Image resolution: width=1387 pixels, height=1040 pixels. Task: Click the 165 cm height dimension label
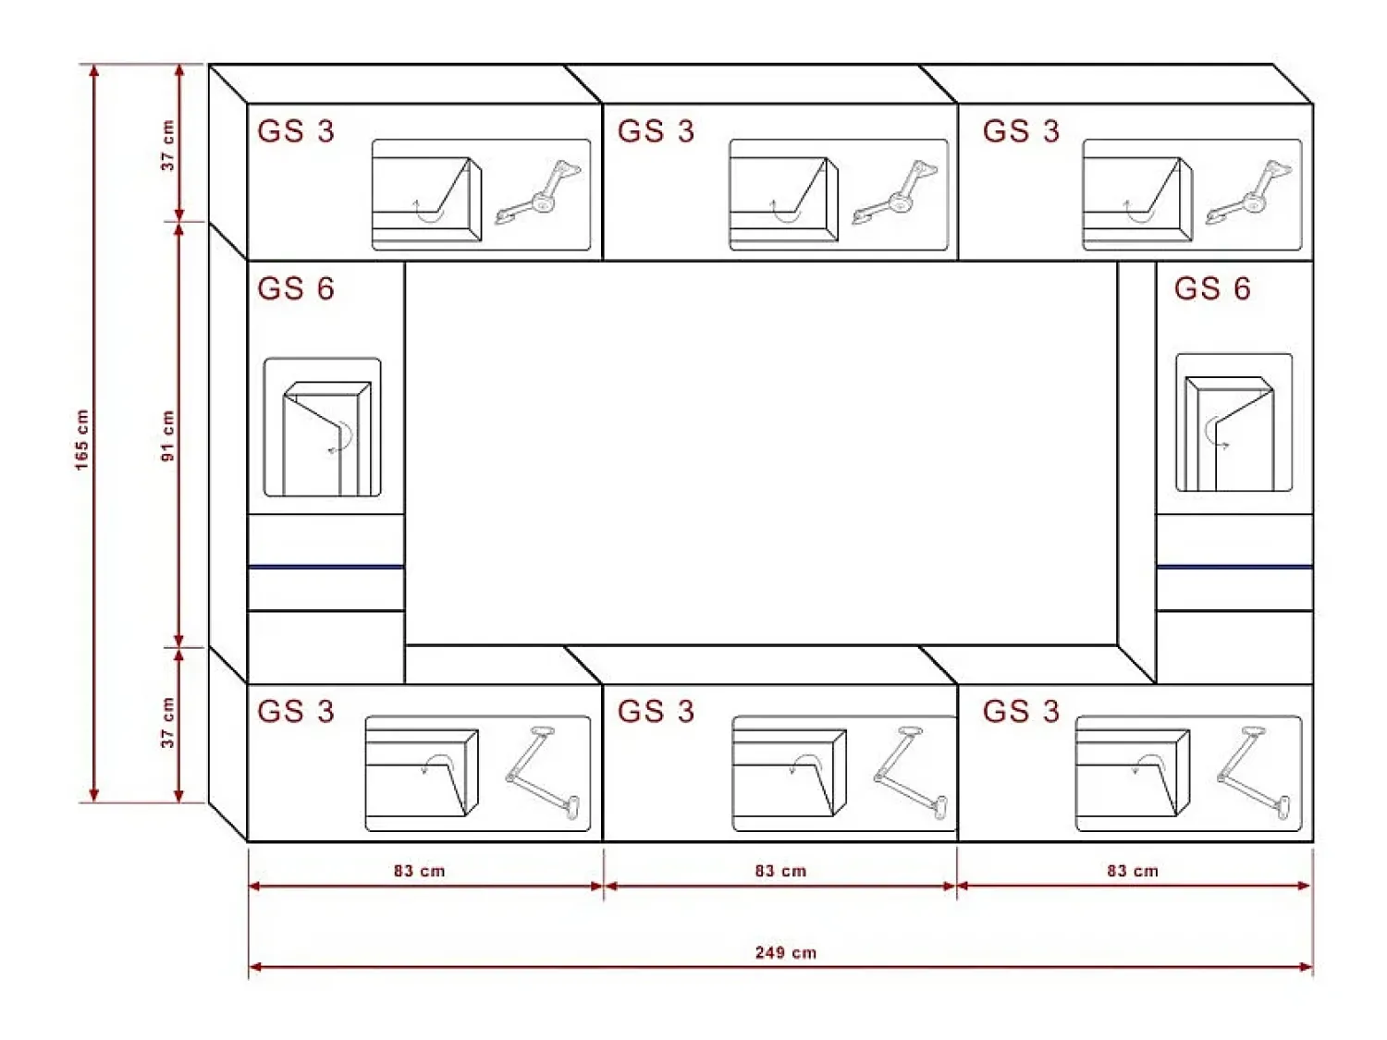[x=81, y=439]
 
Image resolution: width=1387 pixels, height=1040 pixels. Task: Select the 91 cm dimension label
[x=167, y=435]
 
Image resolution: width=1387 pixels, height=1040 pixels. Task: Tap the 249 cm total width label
[x=785, y=952]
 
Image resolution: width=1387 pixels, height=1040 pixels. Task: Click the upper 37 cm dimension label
[x=167, y=145]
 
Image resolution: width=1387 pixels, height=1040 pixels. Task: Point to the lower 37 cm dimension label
[x=167, y=723]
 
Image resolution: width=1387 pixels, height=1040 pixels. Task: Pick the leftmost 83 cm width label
[x=419, y=871]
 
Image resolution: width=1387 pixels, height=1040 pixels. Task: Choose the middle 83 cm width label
[x=780, y=871]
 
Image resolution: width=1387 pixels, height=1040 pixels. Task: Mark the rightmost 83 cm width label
[x=1133, y=871]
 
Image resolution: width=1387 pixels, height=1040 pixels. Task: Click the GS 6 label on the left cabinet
[x=296, y=288]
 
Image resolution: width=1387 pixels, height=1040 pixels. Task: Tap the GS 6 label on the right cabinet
[x=1212, y=288]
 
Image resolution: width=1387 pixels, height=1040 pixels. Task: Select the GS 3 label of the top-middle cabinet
[x=656, y=130]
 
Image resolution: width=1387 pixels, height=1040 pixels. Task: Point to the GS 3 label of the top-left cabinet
[x=296, y=130]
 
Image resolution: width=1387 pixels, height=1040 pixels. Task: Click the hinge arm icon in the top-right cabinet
[x=1248, y=192]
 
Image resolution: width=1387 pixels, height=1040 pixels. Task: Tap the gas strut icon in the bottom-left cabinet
[x=543, y=773]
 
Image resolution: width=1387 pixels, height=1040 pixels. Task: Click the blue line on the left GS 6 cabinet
[x=326, y=567]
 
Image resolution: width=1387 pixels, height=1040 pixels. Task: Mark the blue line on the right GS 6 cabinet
[x=1234, y=567]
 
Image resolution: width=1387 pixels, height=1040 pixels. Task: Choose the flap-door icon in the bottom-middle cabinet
[x=790, y=773]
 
